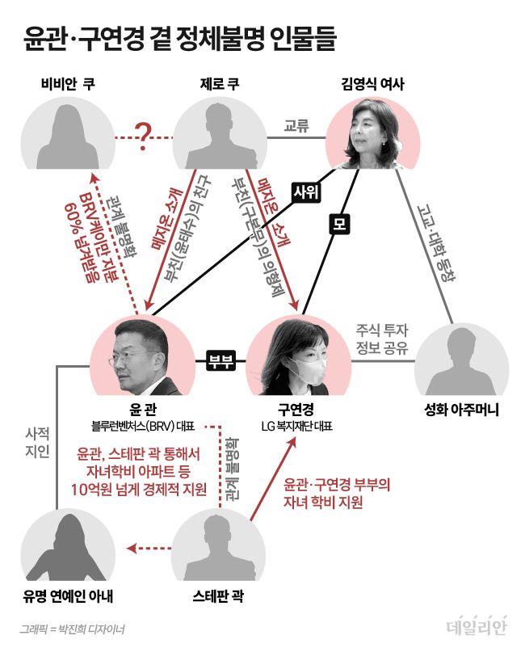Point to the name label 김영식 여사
pos(373,83)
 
